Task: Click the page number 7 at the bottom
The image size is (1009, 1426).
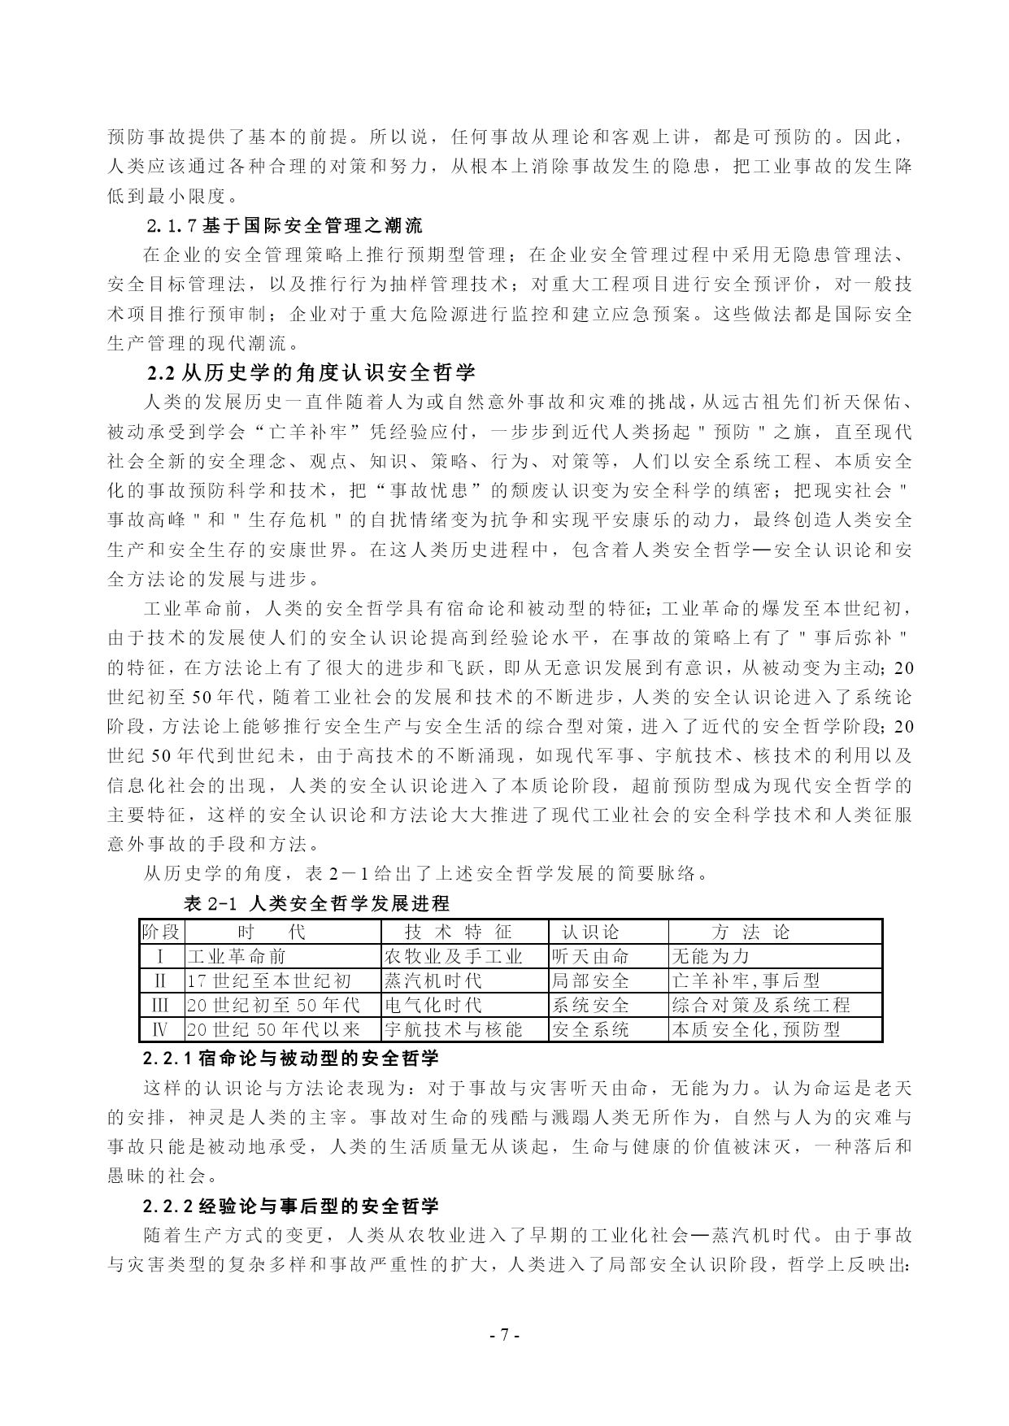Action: (504, 1334)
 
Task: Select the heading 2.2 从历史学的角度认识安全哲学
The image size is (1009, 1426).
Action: (311, 373)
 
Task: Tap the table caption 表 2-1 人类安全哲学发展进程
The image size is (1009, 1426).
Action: (317, 903)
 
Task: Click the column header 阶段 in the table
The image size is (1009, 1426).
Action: (161, 932)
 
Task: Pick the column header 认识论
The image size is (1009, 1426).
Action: (591, 932)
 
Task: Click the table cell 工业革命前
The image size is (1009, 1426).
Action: (237, 956)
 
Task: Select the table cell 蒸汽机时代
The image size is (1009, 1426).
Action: (433, 980)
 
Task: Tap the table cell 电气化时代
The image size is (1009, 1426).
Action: (433, 1005)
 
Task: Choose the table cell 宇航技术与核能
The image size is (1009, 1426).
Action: (453, 1029)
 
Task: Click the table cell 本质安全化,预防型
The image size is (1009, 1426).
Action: (756, 1029)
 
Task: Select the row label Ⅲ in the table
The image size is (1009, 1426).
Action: (161, 1005)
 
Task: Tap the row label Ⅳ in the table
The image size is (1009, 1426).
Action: (161, 1029)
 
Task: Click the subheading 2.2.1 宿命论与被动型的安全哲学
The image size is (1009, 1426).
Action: (291, 1059)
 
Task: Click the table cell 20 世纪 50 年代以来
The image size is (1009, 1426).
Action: (273, 1029)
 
